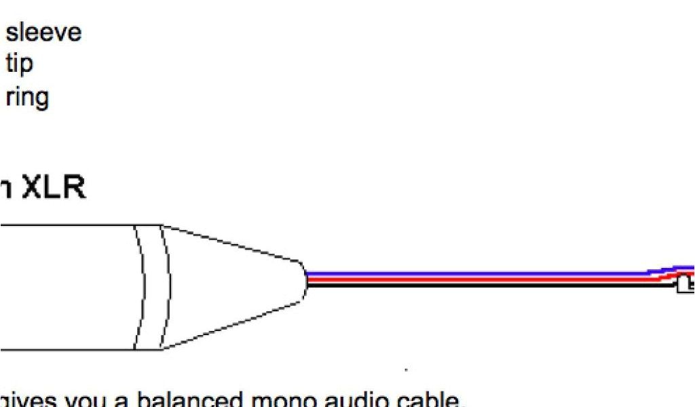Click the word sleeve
43,33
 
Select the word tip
19,65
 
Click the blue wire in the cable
475,273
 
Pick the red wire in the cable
475,279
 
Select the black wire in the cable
475,285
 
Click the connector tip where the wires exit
303,279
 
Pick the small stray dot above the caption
406,370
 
